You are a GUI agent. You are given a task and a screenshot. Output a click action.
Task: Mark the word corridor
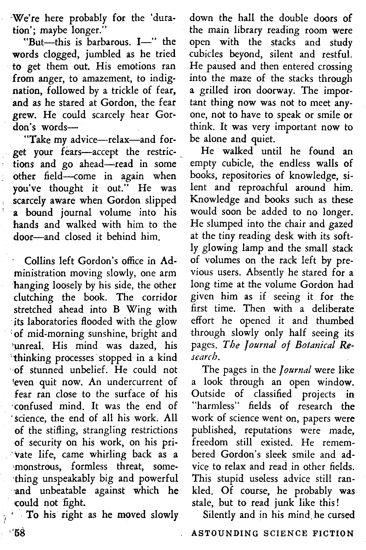coord(159,297)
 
